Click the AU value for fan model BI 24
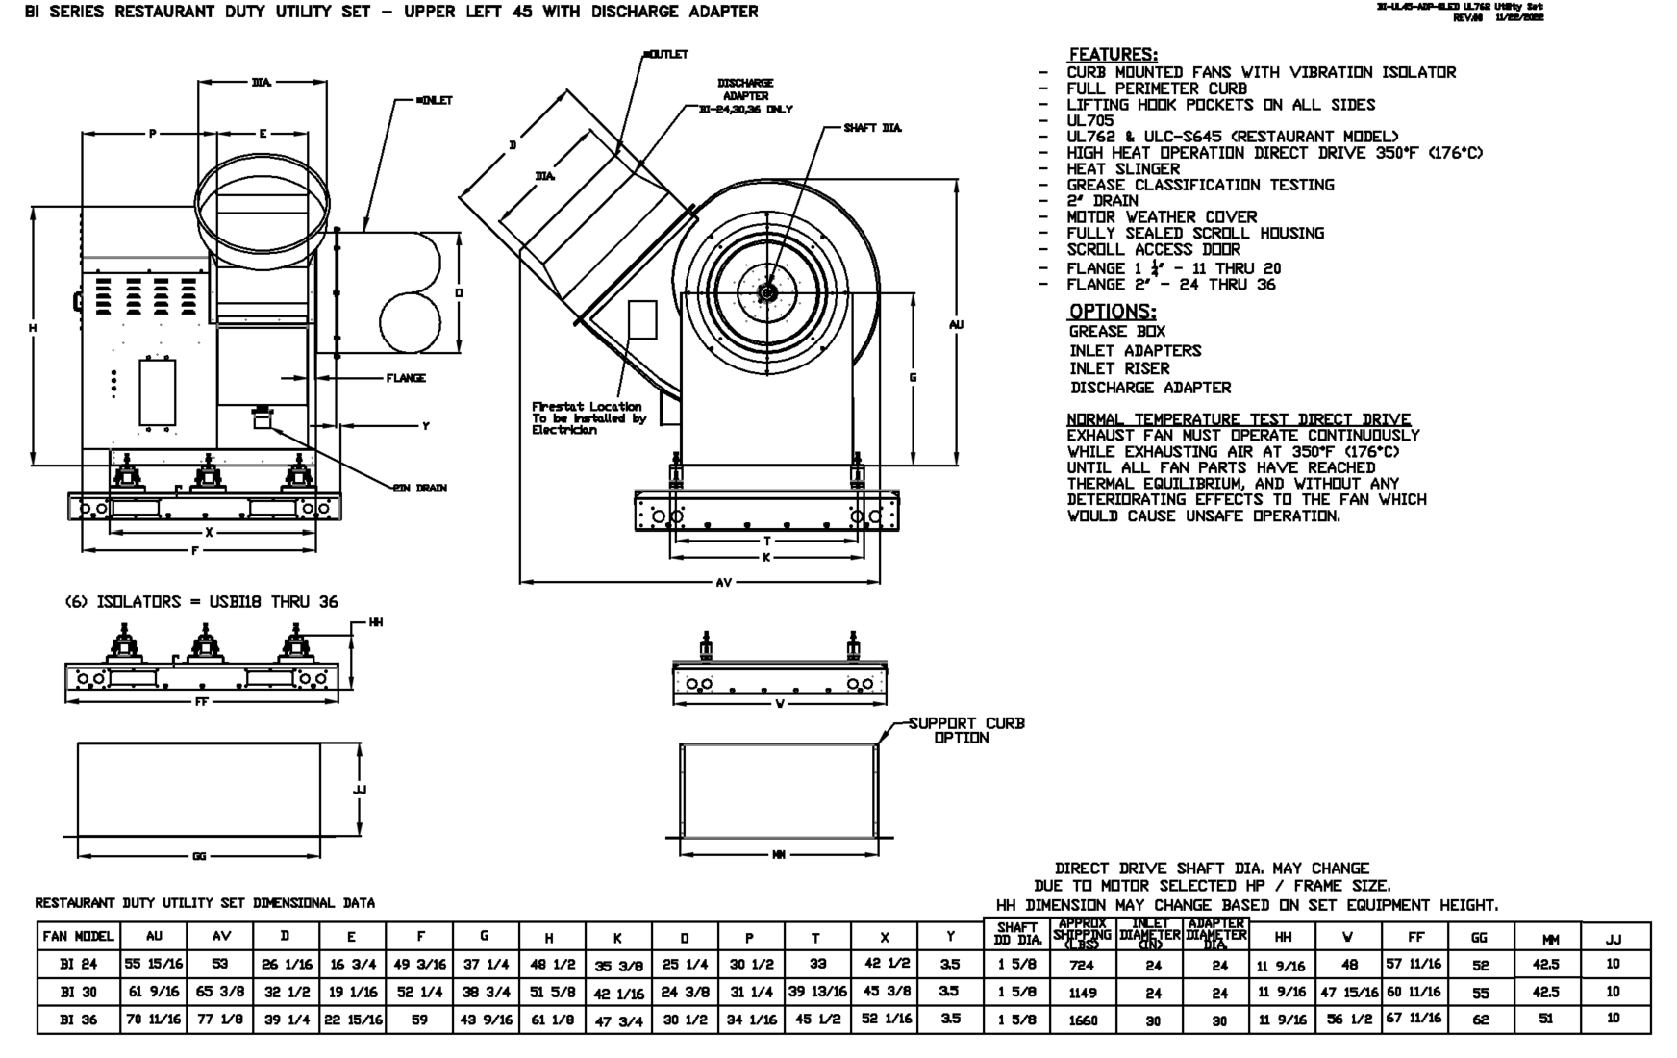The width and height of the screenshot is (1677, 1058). tap(154, 964)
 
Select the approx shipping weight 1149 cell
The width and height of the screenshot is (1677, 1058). tap(1083, 992)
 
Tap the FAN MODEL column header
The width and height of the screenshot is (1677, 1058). tap(79, 936)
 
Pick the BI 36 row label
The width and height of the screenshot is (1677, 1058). tap(79, 1020)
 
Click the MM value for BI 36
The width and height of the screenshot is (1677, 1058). tap(1546, 1019)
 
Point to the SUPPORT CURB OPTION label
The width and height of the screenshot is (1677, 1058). tap(966, 731)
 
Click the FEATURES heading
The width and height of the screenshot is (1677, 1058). tap(1113, 55)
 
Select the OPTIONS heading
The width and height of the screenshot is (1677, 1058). tap(1113, 312)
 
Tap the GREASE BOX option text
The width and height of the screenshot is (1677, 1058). tap(1116, 332)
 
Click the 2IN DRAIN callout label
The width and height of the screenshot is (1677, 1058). tap(419, 489)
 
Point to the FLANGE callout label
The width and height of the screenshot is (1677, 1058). tap(406, 378)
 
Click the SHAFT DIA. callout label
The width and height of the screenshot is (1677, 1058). tap(872, 128)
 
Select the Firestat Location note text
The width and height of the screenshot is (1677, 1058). tap(587, 418)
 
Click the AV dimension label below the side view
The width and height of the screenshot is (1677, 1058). tap(724, 583)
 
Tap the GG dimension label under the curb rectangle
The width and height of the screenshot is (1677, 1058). tap(199, 856)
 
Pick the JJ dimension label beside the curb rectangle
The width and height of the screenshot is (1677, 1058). tap(360, 790)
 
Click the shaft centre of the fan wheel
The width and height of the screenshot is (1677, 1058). tap(767, 291)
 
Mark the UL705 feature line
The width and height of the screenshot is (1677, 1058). tap(1089, 121)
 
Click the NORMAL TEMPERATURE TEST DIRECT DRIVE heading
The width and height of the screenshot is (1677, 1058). tap(1239, 419)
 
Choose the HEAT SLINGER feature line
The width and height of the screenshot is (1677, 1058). tap(1122, 169)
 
